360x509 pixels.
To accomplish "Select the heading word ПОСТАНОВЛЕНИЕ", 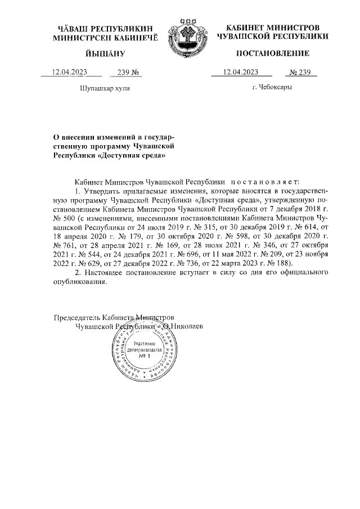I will (272, 53).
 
